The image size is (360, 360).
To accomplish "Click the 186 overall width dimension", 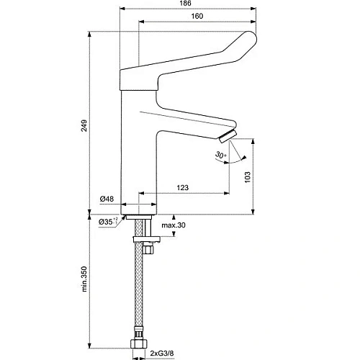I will pyautogui.click(x=187, y=5).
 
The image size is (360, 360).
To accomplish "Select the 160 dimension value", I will pyautogui.click(x=197, y=18).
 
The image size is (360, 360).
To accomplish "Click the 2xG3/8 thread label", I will pyautogui.click(x=170, y=353).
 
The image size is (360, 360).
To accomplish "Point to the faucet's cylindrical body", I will pyautogui.click(x=138, y=158).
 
